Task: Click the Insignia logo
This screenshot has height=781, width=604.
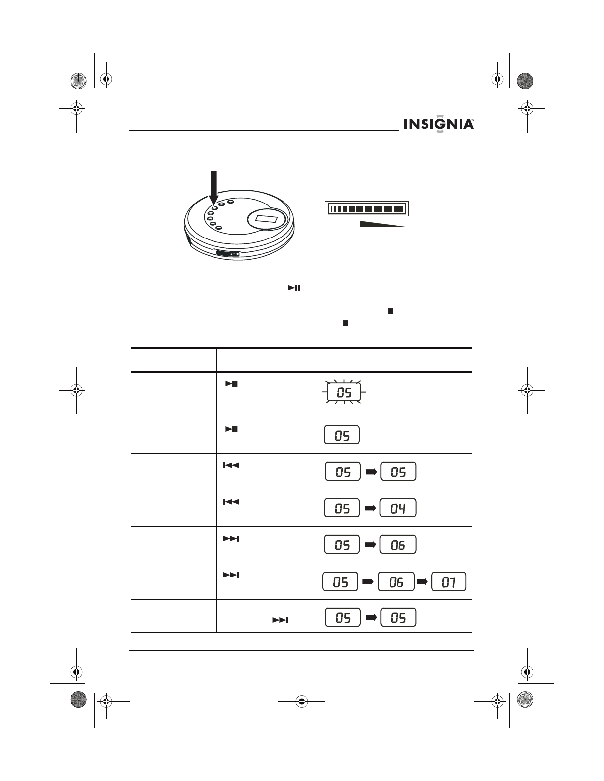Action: click(439, 124)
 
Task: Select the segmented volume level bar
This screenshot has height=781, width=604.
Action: click(367, 208)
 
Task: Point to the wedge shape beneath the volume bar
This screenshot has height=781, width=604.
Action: click(383, 224)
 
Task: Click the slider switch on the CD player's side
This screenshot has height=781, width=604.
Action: click(228, 254)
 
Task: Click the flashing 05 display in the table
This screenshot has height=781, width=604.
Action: click(344, 392)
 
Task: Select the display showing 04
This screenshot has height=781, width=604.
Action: click(398, 508)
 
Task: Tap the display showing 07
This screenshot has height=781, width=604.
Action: click(449, 581)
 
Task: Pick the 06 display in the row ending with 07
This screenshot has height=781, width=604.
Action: click(396, 581)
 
